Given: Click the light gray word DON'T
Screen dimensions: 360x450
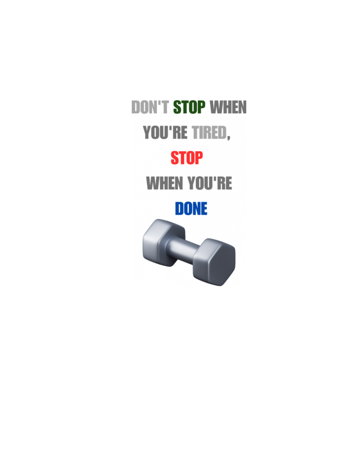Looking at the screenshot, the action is coord(150,107).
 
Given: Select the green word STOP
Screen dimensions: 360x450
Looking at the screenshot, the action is coord(189,107).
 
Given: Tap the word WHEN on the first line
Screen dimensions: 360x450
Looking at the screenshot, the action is coord(228,107).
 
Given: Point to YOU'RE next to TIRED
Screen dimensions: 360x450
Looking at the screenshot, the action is coord(165,132).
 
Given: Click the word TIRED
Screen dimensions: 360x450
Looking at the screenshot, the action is coord(209,132).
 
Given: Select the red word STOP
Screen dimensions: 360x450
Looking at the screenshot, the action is coord(186,158).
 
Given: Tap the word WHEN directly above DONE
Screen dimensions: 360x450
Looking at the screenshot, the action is coord(165,183).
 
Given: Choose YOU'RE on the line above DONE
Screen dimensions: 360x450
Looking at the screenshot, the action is coord(210,183).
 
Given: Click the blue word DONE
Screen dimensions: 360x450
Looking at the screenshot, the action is coord(191,208).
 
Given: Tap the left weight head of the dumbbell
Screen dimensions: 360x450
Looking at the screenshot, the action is coord(163,243).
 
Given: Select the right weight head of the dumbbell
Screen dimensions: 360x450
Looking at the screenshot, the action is coord(214,262).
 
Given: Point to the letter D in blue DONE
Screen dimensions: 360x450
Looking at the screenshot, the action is coord(179,208).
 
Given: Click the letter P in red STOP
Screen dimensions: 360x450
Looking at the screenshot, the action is coord(199,158).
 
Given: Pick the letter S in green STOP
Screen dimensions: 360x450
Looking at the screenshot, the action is coord(177,107).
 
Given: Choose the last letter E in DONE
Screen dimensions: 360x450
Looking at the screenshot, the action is coord(204,208).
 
